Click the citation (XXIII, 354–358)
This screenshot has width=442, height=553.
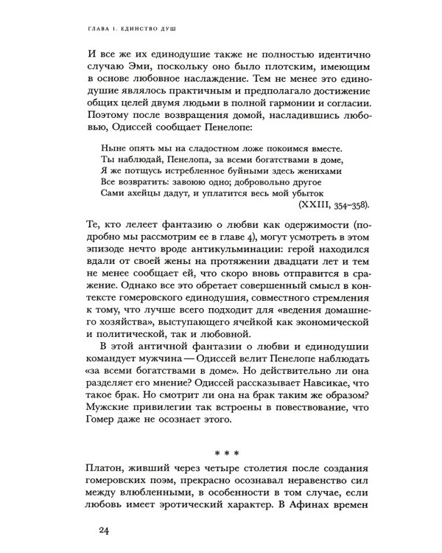[x=331, y=204]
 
